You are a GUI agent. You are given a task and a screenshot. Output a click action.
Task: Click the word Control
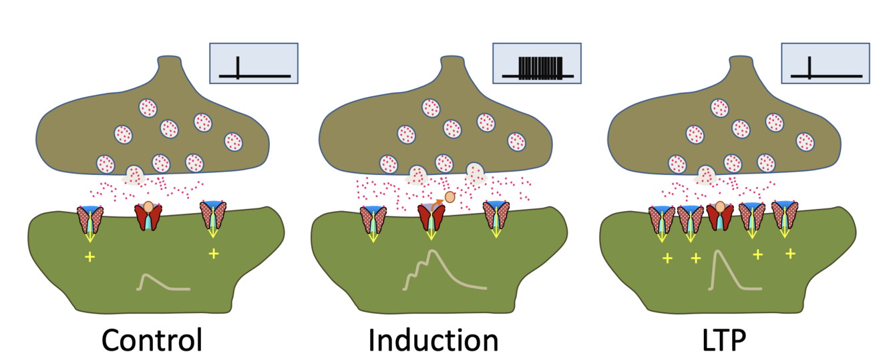pos(152,340)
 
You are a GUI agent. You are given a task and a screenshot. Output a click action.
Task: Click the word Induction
pos(433,340)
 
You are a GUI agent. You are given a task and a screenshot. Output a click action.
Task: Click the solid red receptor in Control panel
pos(149,216)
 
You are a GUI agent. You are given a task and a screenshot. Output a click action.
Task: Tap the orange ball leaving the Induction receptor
pos(450,196)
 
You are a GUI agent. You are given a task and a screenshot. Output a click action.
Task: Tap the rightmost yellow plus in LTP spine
pos(790,253)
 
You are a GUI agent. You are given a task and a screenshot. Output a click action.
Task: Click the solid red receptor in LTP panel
pos(720,217)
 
